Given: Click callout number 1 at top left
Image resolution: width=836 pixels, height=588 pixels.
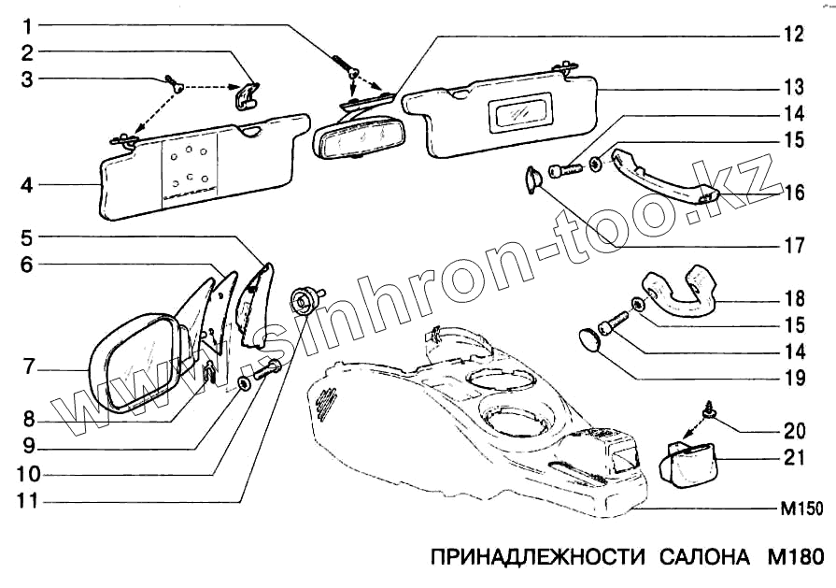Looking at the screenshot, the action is click(28, 23).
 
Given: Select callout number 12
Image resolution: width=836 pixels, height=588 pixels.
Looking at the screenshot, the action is click(793, 35).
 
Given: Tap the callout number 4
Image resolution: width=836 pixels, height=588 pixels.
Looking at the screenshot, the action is click(27, 185).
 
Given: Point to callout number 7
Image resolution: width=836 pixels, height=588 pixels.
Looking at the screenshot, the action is click(28, 367).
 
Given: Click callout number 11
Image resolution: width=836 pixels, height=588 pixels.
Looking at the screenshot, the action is click(29, 501).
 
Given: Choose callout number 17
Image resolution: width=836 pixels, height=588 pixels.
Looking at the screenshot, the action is click(794, 248).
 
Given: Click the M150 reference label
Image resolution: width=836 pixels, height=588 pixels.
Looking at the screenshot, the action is click(801, 510).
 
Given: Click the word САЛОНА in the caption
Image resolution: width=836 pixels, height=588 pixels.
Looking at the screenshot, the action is click(699, 559).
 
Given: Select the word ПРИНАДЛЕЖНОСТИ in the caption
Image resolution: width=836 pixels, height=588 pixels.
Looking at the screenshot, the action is click(537, 559).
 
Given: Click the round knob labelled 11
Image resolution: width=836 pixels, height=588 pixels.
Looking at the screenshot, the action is click(305, 298).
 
